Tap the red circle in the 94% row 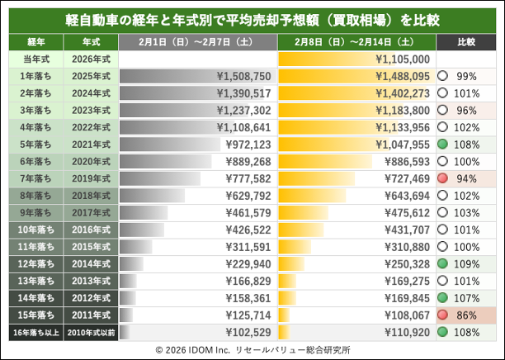coord(444,178)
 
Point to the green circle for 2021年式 coord(444,144)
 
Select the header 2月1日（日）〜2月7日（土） coord(197,42)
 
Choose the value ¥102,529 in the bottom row coord(243,332)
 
